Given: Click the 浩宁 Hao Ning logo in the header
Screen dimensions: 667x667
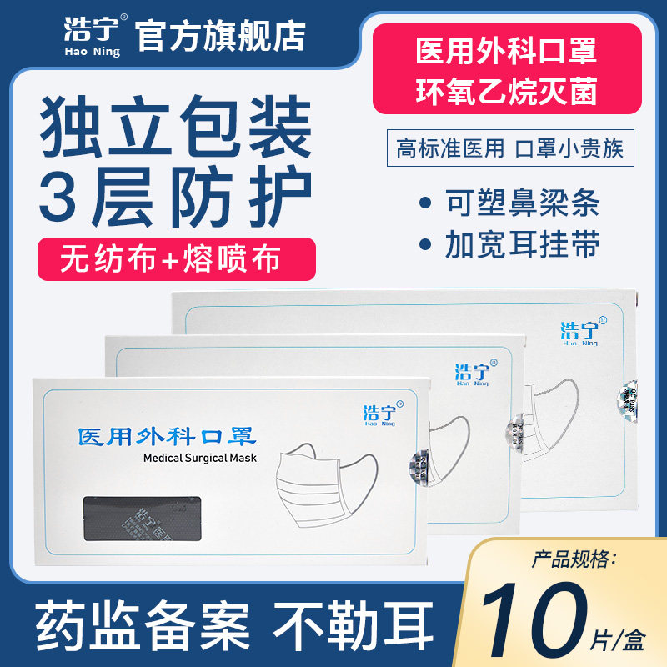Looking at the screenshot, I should pos(92,36).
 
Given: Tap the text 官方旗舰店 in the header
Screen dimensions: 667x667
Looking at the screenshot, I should pos(220,36).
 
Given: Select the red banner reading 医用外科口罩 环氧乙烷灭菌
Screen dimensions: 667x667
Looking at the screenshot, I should pos(506,69).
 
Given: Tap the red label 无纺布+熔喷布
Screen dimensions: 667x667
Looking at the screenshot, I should pos(176,258).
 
